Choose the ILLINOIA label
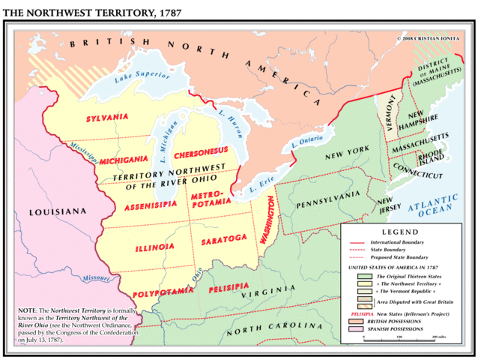[x=155, y=247]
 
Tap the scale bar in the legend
[x=399, y=334]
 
